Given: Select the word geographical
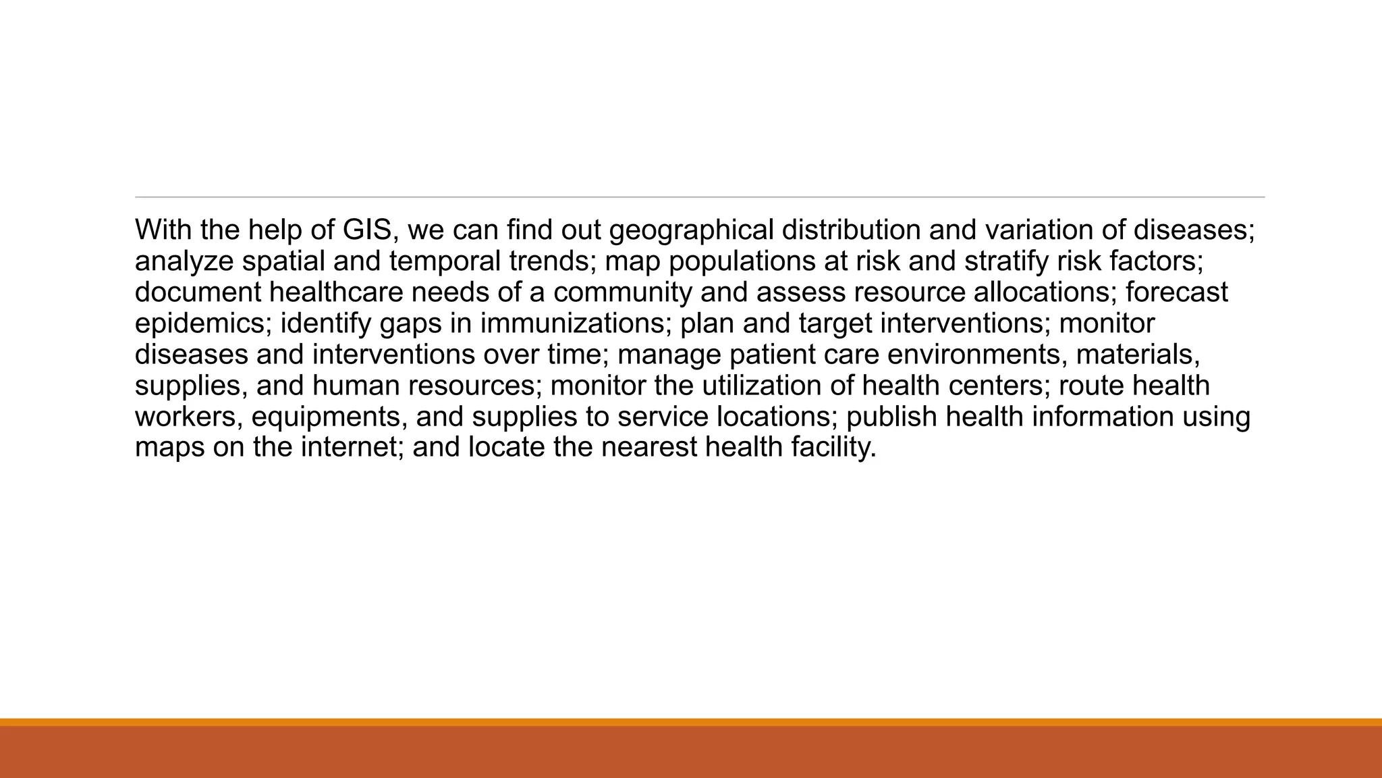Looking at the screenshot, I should tap(691, 230).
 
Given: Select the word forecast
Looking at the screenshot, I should tap(1177, 292).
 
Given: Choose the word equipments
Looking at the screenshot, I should tap(329, 417).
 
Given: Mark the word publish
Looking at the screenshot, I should tap(891, 417).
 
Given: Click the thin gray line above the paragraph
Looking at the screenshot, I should tap(700, 197).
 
